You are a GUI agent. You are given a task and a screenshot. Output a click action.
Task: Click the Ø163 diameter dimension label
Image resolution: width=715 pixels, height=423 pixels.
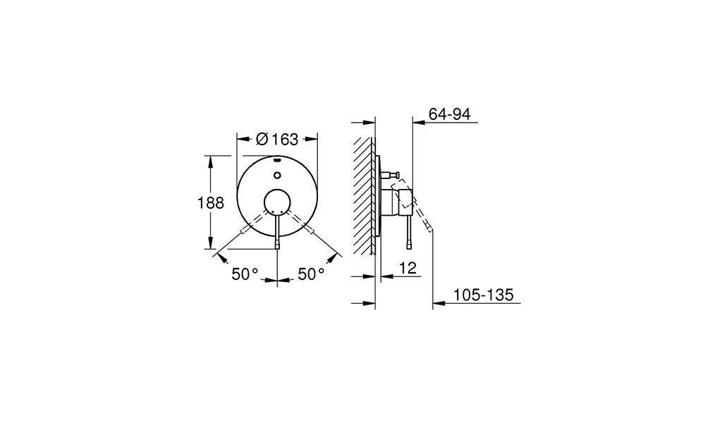(277, 139)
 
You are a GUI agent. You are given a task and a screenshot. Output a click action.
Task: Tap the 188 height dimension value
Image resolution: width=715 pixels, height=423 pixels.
(211, 203)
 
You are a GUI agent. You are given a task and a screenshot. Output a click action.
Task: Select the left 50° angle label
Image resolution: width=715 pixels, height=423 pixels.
(245, 274)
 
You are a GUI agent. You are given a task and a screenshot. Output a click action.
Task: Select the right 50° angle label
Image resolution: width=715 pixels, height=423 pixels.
(312, 274)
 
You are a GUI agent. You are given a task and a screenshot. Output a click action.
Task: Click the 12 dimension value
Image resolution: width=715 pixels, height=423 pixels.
(408, 268)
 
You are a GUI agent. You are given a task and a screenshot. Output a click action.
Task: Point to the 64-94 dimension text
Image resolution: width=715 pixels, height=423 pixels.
(450, 114)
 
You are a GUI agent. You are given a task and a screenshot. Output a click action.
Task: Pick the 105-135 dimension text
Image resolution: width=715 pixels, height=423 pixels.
(483, 295)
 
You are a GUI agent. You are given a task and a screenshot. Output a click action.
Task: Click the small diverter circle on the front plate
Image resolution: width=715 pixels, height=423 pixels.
(277, 175)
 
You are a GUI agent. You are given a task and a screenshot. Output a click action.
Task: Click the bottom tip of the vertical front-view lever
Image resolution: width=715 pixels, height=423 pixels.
(278, 248)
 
